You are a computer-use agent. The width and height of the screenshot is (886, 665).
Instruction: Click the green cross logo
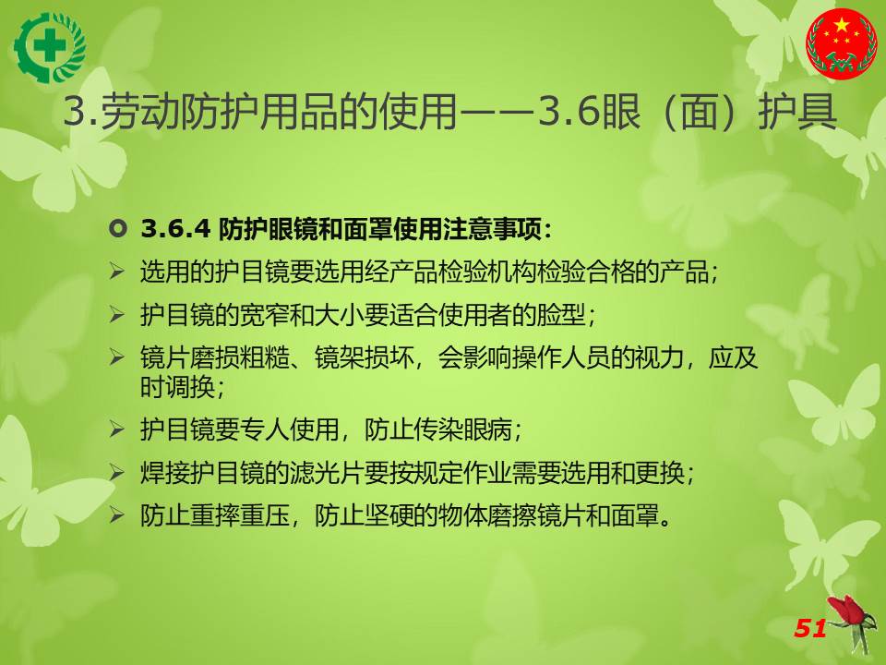pyautogui.click(x=50, y=47)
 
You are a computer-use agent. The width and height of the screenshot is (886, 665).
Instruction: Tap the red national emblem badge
pyautogui.click(x=842, y=43)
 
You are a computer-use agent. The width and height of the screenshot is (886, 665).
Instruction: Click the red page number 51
pyautogui.click(x=811, y=628)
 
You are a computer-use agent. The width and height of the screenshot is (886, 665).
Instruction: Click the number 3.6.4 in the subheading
pyautogui.click(x=175, y=229)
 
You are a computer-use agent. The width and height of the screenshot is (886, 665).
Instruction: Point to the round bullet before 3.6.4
pyautogui.click(x=117, y=229)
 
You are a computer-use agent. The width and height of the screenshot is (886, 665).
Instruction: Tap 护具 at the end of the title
pyautogui.click(x=797, y=111)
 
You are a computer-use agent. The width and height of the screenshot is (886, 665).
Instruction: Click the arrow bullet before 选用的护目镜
pyautogui.click(x=117, y=272)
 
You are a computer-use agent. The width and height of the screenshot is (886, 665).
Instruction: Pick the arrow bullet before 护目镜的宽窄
pyautogui.click(x=117, y=314)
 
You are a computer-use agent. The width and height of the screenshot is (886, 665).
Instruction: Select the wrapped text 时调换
pyautogui.click(x=177, y=387)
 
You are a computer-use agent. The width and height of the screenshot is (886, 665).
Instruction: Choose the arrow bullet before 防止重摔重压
pyautogui.click(x=117, y=515)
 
